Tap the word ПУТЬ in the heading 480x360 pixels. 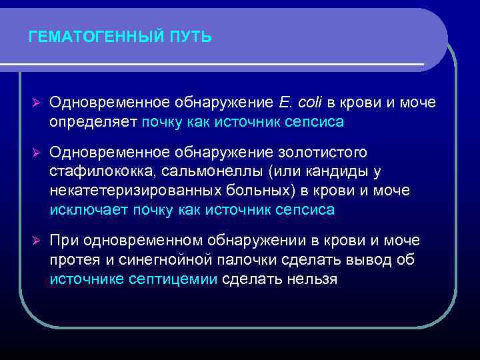[191, 37]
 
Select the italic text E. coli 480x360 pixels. [298, 103]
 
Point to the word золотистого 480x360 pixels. [329, 153]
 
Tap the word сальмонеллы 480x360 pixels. [212, 172]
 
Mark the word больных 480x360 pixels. [259, 191]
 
